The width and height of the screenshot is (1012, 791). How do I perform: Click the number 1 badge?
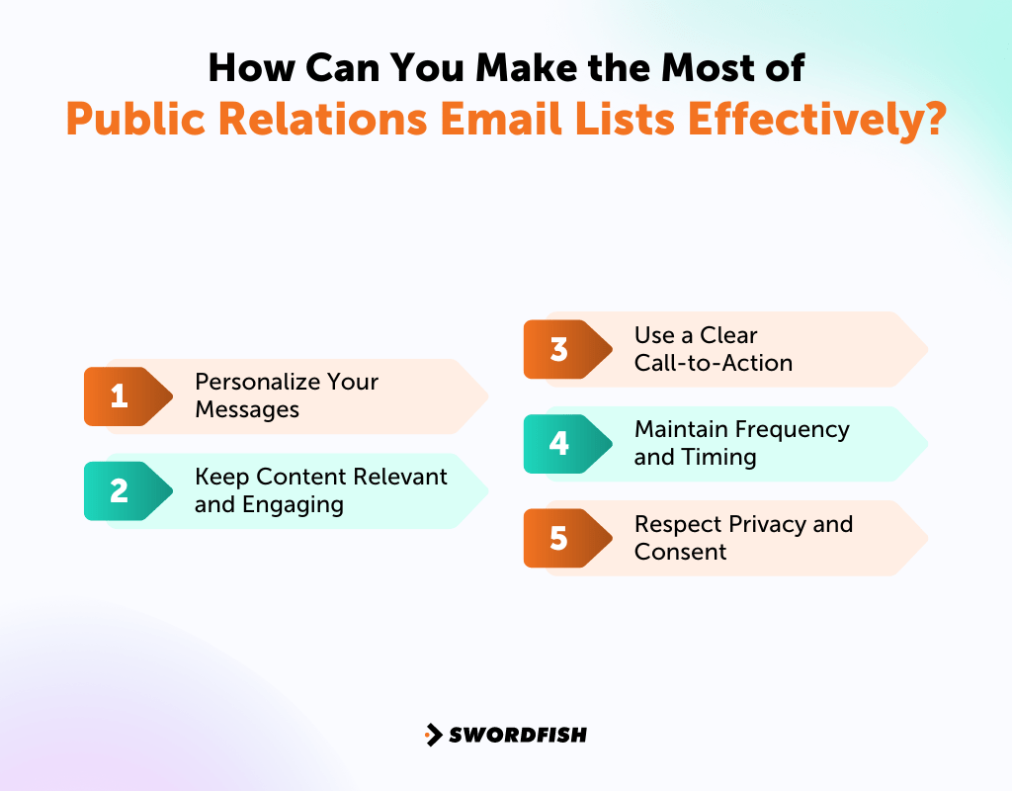pos(120,396)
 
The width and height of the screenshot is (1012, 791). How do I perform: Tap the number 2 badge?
pos(120,490)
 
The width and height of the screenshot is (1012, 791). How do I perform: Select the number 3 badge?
pos(559,349)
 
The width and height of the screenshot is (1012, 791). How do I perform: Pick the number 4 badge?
pos(559,443)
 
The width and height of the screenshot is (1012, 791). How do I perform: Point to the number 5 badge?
pos(559,538)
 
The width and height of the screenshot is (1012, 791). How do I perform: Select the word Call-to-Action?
pos(713,363)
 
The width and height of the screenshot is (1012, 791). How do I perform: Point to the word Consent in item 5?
pos(680,552)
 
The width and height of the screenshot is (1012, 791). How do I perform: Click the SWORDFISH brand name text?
pos(518,735)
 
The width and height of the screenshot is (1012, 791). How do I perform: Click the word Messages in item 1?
pos(247,409)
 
